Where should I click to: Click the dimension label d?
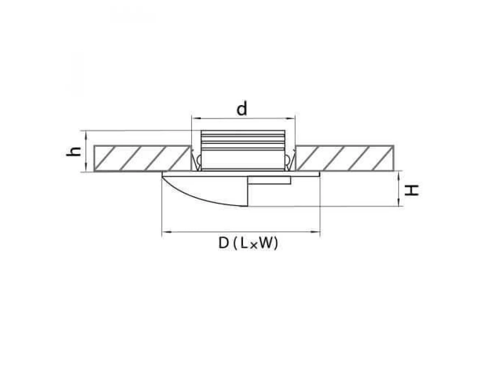click(241, 109)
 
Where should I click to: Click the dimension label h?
click(74, 152)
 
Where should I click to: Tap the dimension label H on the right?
click(411, 191)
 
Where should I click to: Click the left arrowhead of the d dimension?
click(196, 119)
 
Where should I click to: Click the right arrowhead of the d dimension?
click(290, 119)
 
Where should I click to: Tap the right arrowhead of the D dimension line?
click(315, 232)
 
